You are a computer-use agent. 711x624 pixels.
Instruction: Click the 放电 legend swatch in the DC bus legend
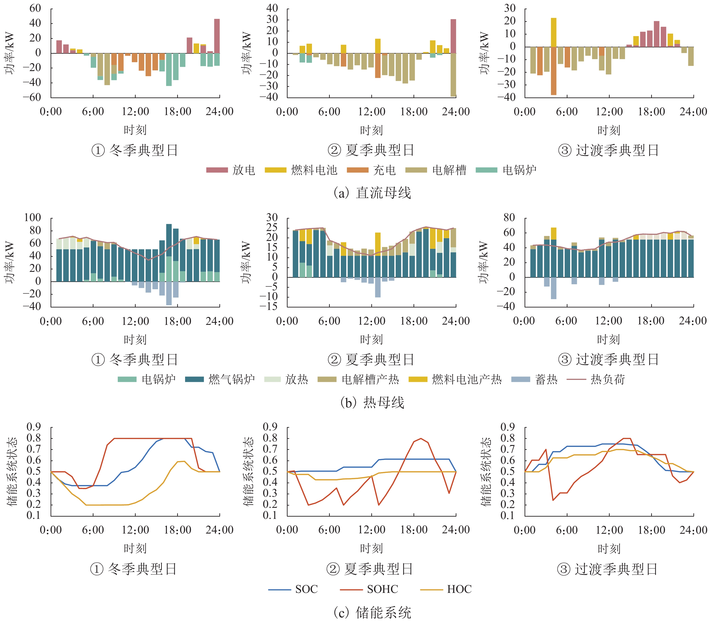[217, 170]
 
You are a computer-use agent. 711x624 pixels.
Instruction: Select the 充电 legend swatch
[357, 170]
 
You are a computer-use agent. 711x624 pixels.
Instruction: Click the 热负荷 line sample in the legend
[576, 379]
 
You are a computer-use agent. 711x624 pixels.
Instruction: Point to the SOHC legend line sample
[351, 589]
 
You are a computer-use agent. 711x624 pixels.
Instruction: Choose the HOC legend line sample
[431, 589]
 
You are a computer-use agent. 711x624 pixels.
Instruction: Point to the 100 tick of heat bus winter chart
[32, 218]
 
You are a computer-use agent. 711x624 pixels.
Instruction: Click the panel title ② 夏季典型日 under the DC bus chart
[371, 150]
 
